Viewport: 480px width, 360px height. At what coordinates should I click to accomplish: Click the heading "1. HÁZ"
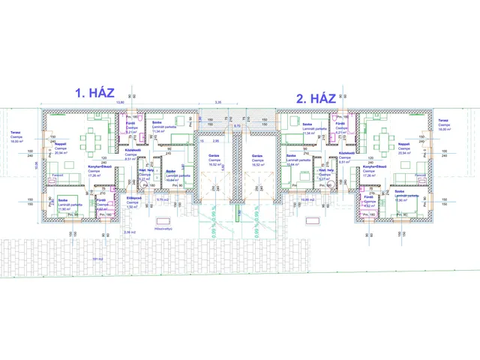(x=94, y=93)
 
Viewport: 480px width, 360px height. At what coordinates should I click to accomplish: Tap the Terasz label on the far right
(x=443, y=120)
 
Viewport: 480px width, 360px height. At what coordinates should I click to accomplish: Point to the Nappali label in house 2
(x=403, y=144)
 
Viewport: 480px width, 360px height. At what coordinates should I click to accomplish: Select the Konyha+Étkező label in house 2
(x=374, y=166)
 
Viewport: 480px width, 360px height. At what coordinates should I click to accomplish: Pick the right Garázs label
(x=256, y=155)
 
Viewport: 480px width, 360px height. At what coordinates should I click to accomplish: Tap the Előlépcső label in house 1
(x=133, y=198)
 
